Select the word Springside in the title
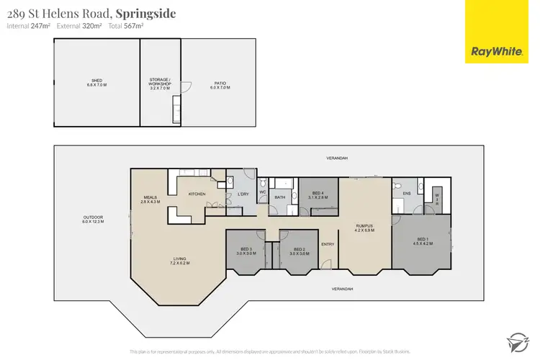(x=147, y=14)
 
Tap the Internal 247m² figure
(x=28, y=26)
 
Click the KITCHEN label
(x=197, y=194)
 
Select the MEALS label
(x=150, y=198)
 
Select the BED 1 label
(x=422, y=240)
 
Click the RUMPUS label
(x=364, y=228)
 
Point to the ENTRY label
(x=328, y=244)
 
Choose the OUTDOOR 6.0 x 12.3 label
(x=94, y=219)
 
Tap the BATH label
(x=279, y=197)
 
